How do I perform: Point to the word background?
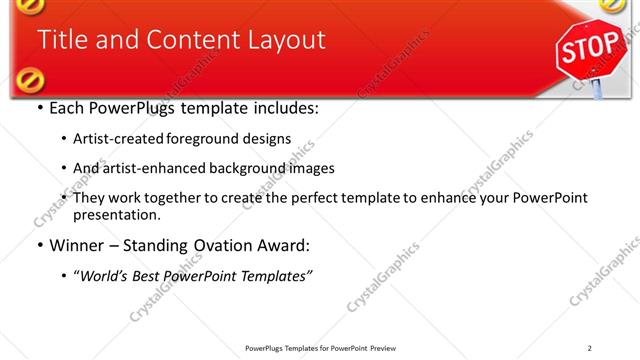tap(247, 168)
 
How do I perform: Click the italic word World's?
tap(108, 275)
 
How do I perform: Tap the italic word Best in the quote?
tap(152, 275)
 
